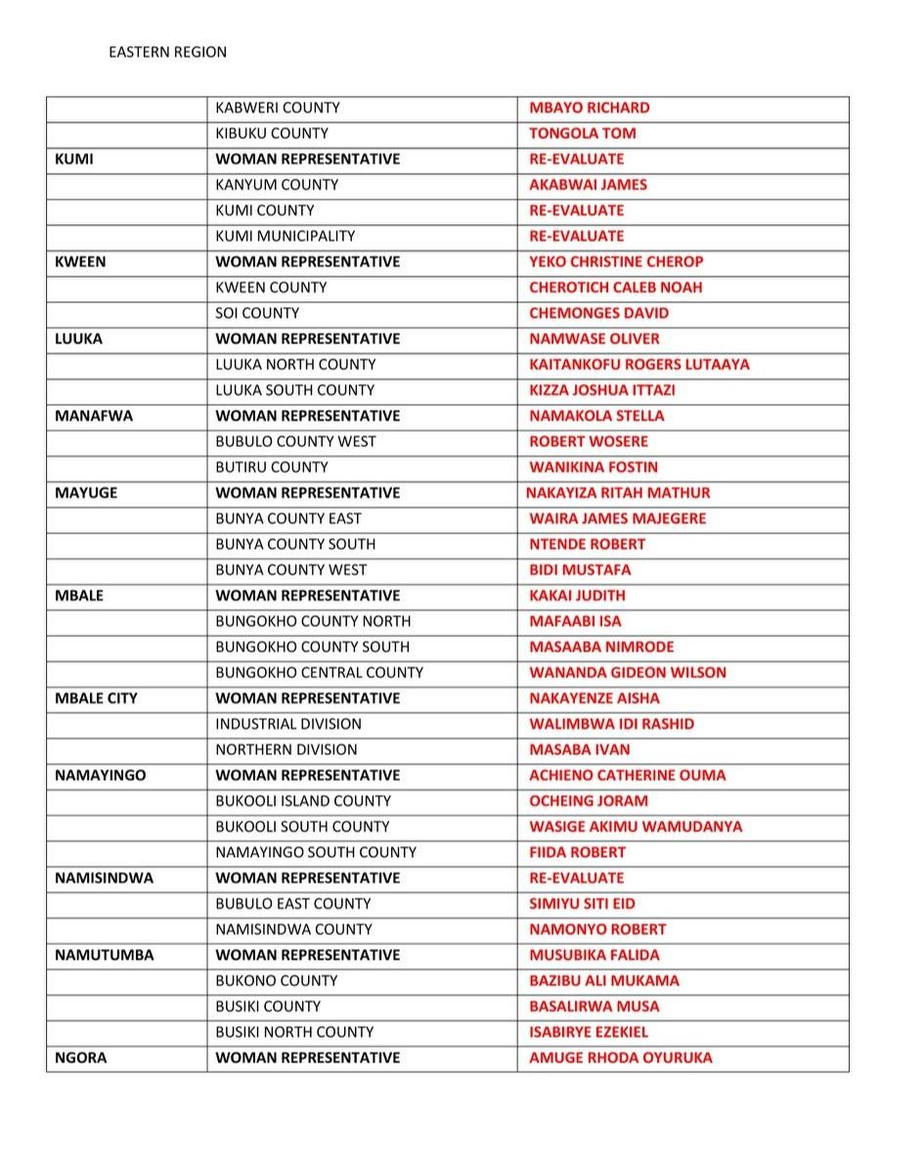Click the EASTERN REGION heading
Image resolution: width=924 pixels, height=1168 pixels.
point(167,52)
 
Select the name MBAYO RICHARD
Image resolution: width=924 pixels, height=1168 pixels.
point(589,108)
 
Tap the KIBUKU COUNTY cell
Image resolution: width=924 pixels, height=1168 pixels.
point(272,133)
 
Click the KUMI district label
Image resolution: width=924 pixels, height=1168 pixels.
point(74,158)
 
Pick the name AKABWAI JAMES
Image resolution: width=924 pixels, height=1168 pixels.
point(588,185)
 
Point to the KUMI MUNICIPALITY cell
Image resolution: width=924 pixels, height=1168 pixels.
point(285,236)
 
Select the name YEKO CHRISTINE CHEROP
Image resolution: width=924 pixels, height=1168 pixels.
point(616,261)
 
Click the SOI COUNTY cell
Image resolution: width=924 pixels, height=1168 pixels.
point(257,313)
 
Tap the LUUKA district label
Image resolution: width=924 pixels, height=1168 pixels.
point(78,338)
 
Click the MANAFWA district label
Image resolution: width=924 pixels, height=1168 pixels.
point(94,416)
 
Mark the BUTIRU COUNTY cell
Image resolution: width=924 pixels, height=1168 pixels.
point(272,468)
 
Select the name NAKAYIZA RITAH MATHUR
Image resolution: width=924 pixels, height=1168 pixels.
point(618,493)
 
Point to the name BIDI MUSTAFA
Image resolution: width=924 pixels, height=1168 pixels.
point(580,570)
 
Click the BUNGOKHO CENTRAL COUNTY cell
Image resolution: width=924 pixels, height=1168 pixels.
point(319,673)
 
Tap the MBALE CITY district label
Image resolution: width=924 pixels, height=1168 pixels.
point(96,698)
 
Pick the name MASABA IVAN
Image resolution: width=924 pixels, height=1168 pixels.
point(579,750)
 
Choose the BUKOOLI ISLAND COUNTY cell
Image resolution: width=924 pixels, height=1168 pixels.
point(303,801)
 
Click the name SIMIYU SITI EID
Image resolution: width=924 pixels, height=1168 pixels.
point(582,904)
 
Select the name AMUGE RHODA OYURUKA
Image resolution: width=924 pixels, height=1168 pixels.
point(620,1057)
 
